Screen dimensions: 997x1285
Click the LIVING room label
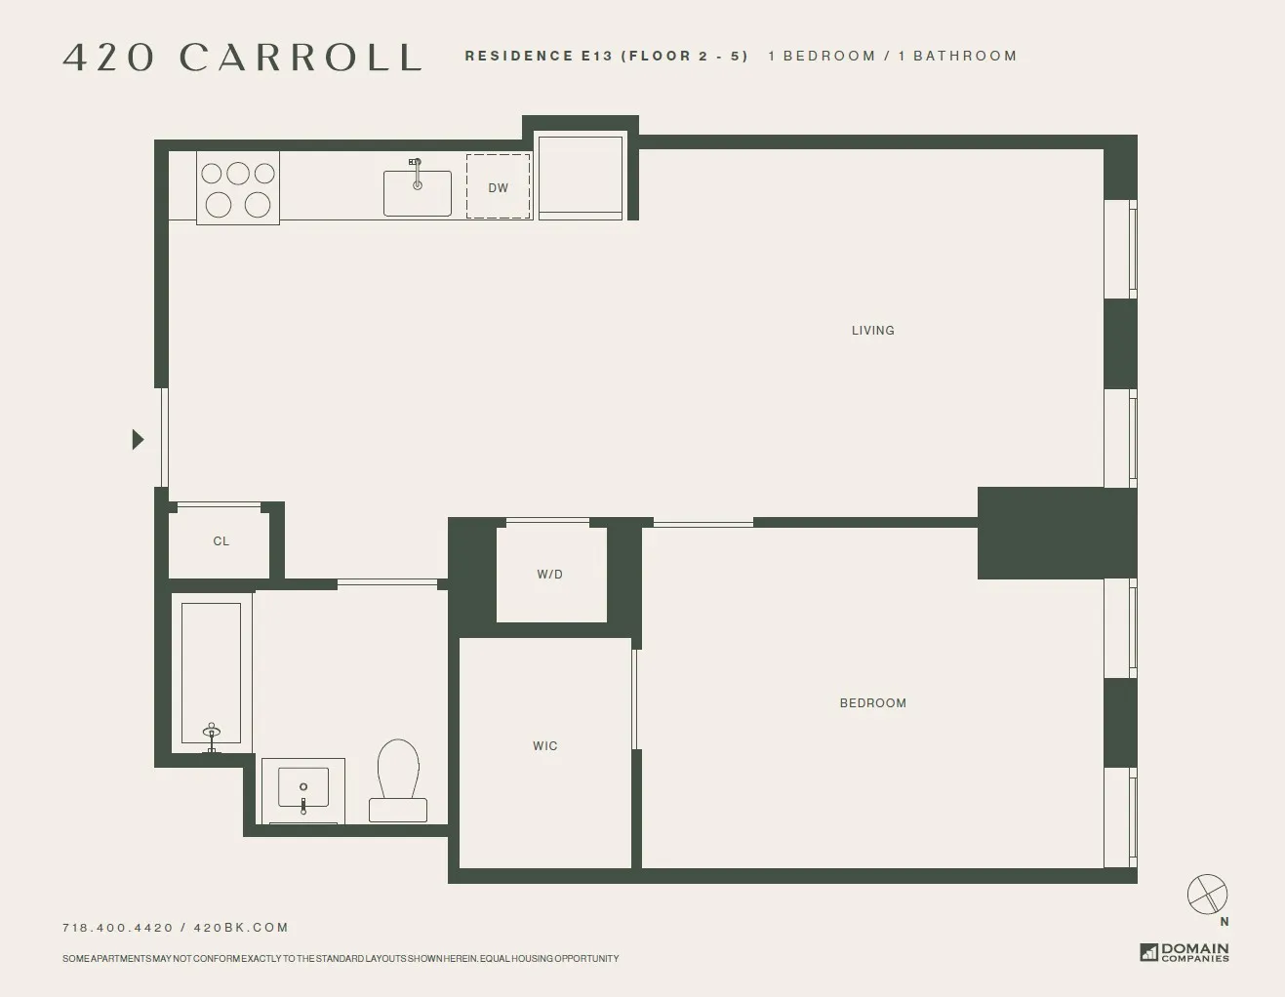872,331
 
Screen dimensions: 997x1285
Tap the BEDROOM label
872,703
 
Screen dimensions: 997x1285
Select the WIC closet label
544,746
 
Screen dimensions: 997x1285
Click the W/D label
549,575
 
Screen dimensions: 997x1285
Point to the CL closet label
221,541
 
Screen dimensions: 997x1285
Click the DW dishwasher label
498,187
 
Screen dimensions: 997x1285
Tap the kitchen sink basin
417,193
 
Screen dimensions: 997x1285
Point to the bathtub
212,673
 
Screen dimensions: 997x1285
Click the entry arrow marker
138,440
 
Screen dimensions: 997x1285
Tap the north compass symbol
1207,895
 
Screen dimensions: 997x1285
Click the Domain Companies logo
1185,952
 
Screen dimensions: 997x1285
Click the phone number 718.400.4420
118,928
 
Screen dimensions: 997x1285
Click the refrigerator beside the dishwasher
581,177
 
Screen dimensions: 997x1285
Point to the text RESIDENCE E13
538,57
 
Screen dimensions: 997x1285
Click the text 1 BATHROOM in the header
957,57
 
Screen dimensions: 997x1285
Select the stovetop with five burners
238,188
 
